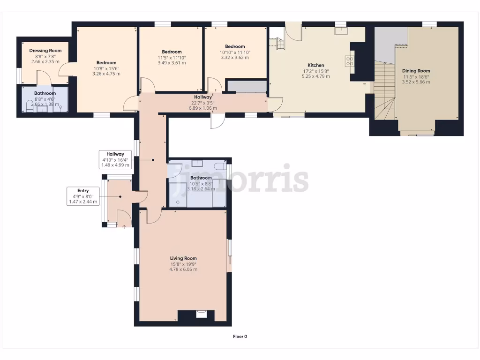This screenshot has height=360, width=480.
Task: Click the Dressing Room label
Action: tap(45, 51)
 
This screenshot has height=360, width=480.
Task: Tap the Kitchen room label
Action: tap(316, 65)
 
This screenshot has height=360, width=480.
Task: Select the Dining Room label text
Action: tap(416, 71)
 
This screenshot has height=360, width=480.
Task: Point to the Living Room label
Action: tap(183, 258)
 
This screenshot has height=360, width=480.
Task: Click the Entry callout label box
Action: tap(83, 196)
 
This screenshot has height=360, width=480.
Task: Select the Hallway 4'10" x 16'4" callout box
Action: tap(115, 159)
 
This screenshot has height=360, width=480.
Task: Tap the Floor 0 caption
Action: tap(240, 336)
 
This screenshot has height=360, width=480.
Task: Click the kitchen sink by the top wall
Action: tap(341, 31)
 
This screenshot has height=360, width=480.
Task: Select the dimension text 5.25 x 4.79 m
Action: tap(316, 76)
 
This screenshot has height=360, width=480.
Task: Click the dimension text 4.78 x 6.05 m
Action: tap(183, 270)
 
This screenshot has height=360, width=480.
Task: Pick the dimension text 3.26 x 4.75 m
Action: tap(106, 74)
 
